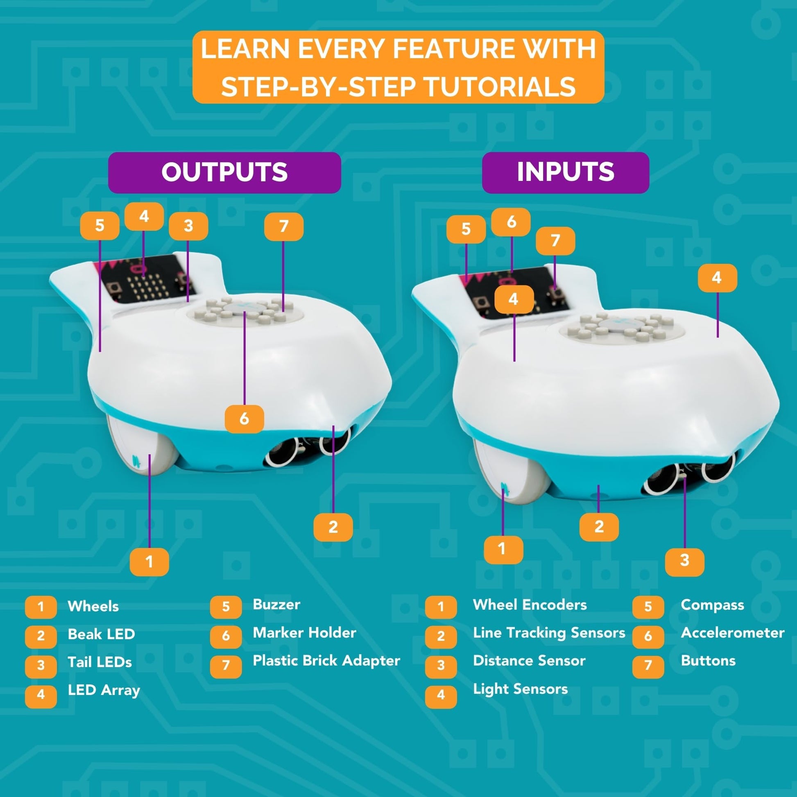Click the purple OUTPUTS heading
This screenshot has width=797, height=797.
pyautogui.click(x=224, y=172)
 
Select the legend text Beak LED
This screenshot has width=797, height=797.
pyautogui.click(x=102, y=634)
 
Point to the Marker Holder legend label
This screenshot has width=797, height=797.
pyautogui.click(x=304, y=633)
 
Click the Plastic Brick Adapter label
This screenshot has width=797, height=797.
pyautogui.click(x=326, y=661)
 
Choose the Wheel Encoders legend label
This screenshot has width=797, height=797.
pyautogui.click(x=530, y=605)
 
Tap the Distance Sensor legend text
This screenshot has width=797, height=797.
pyautogui.click(x=529, y=661)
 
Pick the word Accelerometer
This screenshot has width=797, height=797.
pyautogui.click(x=733, y=633)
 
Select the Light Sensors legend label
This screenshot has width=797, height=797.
pyautogui.click(x=521, y=689)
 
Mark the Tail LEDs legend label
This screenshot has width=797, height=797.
pyautogui.click(x=100, y=663)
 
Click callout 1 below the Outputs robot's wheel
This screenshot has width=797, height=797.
pyautogui.click(x=149, y=562)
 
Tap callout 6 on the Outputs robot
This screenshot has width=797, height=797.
pyautogui.click(x=244, y=419)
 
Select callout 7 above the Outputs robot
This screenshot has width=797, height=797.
pyautogui.click(x=284, y=226)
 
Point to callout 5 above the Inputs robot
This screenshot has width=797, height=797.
pyautogui.click(x=466, y=229)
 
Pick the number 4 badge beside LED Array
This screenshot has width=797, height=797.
pyautogui.click(x=41, y=694)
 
